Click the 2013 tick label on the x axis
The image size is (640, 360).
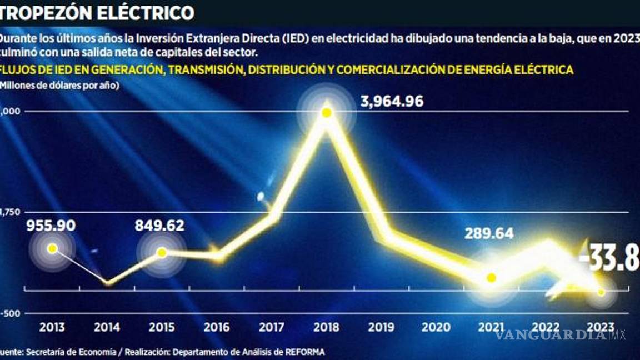(52, 327)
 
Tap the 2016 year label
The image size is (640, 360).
(217, 327)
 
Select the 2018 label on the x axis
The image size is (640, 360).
(326, 327)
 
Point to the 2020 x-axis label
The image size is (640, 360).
(436, 327)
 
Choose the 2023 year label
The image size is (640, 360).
(601, 327)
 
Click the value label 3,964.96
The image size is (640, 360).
(392, 102)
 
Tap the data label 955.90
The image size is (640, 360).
(51, 226)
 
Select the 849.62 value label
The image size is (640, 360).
(159, 226)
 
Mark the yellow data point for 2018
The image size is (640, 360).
(327, 113)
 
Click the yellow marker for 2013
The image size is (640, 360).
(52, 248)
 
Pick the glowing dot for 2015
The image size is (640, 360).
(162, 252)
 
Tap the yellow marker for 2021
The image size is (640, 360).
(491, 278)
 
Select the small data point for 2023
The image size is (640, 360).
(601, 292)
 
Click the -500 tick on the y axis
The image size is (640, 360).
(10, 313)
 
